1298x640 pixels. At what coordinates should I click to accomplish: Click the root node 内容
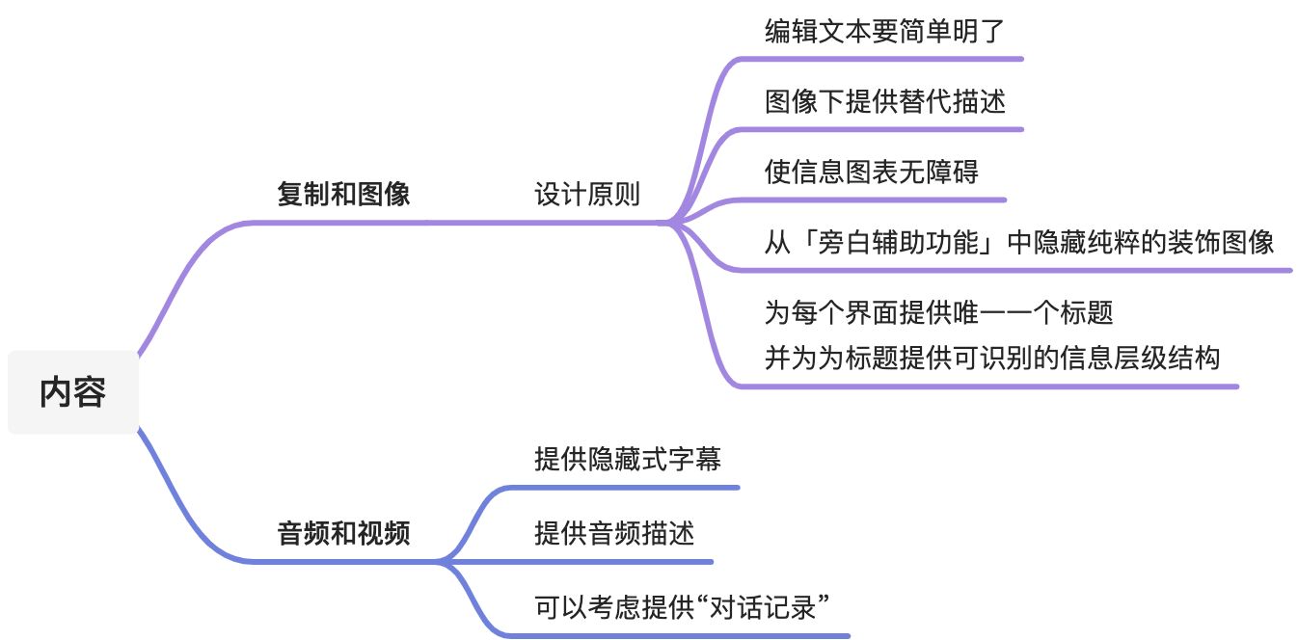[73, 392]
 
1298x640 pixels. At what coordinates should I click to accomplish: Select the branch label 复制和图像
[343, 194]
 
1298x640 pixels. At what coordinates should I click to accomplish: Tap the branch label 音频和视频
[343, 533]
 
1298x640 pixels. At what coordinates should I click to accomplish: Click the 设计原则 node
[587, 194]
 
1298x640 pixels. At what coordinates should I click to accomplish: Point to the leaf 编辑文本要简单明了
[884, 31]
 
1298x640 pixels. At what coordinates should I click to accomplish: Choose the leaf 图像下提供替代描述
[885, 101]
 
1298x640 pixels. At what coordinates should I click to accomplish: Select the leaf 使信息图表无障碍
[871, 172]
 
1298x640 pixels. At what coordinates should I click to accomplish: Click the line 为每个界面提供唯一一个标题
[938, 312]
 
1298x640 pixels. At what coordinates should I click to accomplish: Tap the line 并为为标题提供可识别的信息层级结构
[992, 358]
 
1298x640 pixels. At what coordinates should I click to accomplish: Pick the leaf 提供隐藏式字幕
[628, 459]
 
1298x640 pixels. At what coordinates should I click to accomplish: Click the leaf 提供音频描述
[614, 533]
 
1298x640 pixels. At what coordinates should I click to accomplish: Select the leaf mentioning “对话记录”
[682, 607]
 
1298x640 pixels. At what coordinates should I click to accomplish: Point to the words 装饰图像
[1220, 242]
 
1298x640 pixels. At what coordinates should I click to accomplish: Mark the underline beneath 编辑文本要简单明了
[880, 59]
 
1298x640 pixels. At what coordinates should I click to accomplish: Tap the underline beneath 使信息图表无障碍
[869, 200]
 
